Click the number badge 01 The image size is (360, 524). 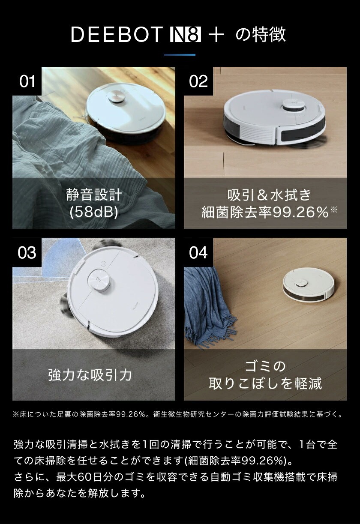click(x=27, y=81)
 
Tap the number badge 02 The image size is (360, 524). click(x=198, y=81)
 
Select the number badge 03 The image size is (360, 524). click(x=27, y=252)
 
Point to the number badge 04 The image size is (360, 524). click(x=198, y=252)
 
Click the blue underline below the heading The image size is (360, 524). click(x=180, y=55)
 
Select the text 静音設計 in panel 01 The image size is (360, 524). click(x=94, y=195)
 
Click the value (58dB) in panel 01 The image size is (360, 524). click(x=94, y=212)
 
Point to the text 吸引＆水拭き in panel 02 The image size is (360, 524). click(x=269, y=195)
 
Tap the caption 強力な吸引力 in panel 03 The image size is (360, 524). click(x=90, y=375)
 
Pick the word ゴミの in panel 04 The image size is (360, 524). click(x=265, y=366)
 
